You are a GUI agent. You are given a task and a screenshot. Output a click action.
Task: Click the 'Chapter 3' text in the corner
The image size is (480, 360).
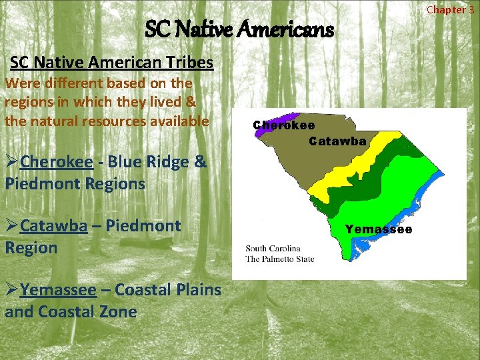[450, 9]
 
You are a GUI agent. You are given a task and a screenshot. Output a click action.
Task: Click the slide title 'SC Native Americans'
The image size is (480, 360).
[239, 29]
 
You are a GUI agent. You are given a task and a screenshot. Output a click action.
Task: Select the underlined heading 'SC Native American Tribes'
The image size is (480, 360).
[111, 63]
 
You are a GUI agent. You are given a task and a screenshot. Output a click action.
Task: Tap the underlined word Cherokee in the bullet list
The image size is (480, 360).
[56, 162]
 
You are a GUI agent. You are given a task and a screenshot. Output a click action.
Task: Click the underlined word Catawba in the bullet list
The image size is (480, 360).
[53, 225]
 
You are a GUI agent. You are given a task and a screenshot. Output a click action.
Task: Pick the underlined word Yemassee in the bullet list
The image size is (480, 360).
[58, 290]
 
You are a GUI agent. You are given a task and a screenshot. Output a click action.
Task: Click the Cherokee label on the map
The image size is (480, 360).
[284, 125]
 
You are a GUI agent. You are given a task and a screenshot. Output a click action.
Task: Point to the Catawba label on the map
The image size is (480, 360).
[337, 141]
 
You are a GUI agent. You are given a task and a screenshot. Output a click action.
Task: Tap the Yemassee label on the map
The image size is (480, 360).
[378, 229]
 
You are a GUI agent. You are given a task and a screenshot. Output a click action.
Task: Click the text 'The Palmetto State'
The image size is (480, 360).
[280, 259]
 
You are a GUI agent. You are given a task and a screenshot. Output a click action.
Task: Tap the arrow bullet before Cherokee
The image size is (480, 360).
[11, 162]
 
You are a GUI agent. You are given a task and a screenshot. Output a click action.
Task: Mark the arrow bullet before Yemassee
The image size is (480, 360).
[11, 290]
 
